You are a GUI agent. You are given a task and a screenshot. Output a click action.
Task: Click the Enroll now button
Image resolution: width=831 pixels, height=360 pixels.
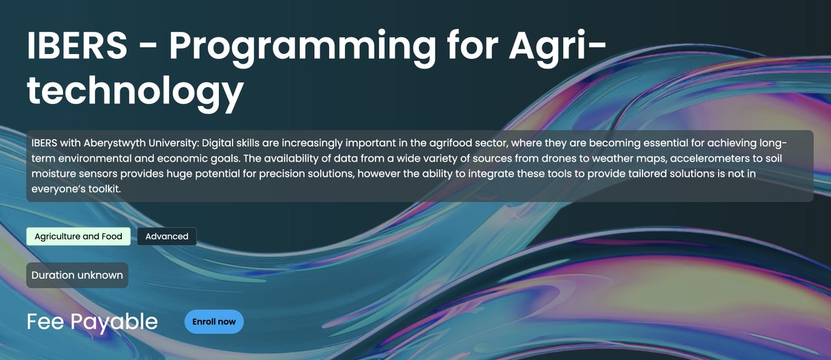[x=214, y=321]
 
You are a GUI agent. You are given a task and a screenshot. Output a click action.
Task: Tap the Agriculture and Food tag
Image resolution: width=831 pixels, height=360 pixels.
[x=78, y=236]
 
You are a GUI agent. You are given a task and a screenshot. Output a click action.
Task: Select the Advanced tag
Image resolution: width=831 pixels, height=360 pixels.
[x=167, y=236]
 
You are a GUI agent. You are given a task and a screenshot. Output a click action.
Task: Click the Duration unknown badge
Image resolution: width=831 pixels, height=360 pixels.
[x=77, y=275]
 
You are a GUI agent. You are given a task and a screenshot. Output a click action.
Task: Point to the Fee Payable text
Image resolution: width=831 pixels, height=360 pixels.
[x=92, y=321]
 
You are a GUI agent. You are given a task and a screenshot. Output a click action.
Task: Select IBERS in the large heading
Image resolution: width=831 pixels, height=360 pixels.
[x=77, y=45]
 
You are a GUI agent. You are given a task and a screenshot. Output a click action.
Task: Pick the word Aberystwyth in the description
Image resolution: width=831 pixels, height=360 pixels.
[x=114, y=143]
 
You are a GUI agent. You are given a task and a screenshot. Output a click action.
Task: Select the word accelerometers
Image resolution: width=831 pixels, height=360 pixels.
[x=710, y=159]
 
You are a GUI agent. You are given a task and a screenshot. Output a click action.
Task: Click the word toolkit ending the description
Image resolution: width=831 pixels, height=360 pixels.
[x=105, y=189]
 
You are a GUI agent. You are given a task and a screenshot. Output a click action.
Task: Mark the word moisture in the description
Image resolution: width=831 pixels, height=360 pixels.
[x=54, y=174]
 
